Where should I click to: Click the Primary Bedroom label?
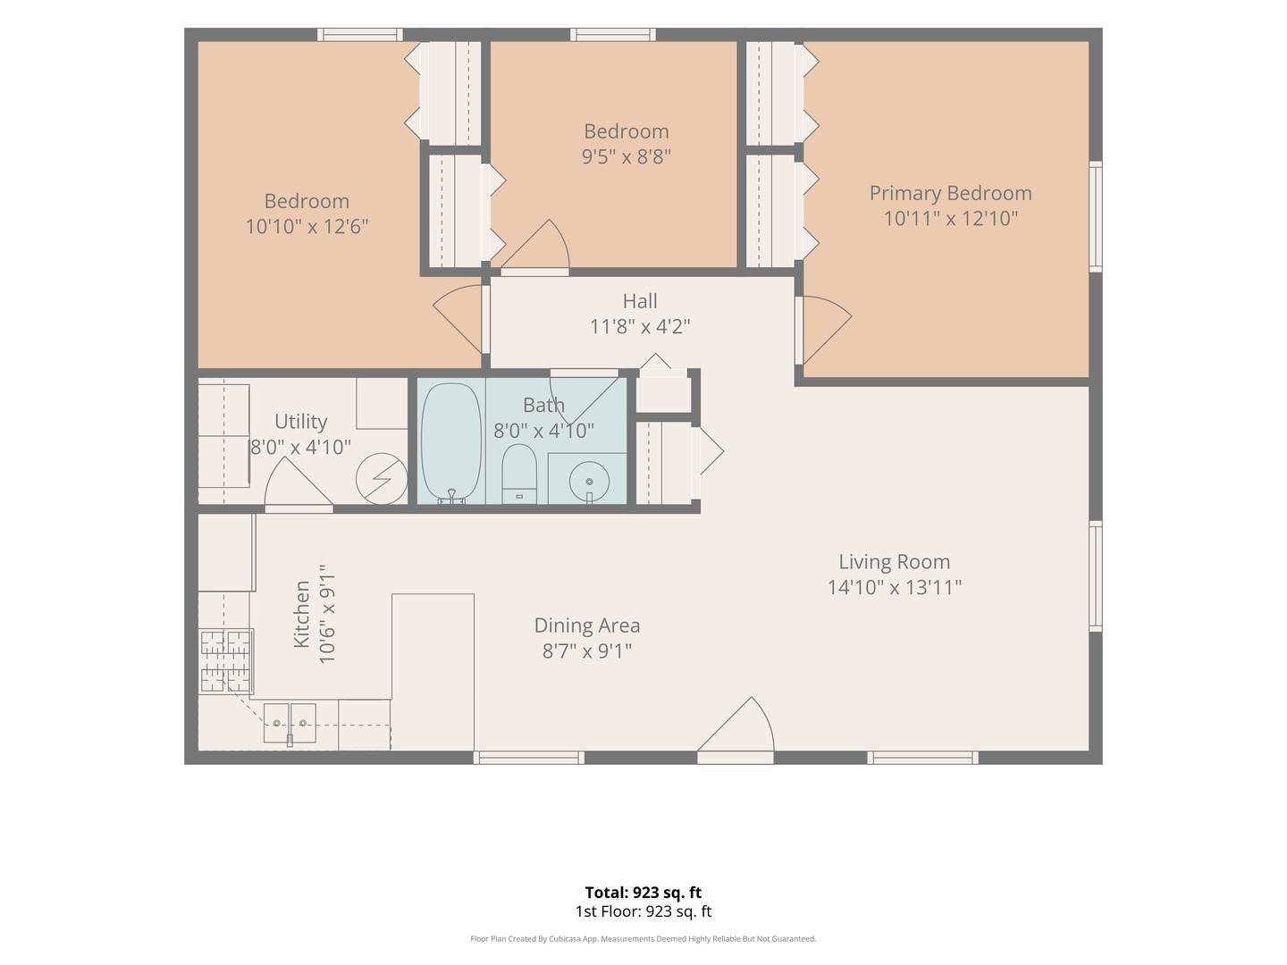tap(950, 193)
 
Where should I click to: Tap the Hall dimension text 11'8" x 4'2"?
tap(640, 326)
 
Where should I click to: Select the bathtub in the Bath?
tap(451, 443)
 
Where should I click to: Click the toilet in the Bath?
tap(519, 474)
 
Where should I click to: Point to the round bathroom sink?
tap(589, 482)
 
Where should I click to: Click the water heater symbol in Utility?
tap(382, 479)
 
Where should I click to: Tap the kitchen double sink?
tap(290, 724)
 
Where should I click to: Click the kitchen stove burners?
tap(226, 661)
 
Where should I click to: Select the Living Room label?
tap(894, 562)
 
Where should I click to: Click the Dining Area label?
tap(587, 625)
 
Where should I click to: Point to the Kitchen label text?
tap(301, 614)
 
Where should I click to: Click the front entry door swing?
tap(736, 724)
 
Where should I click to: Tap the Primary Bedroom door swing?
tap(828, 330)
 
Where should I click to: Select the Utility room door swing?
tap(299, 482)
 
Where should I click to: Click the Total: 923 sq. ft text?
tap(643, 893)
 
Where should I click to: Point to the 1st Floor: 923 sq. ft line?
tap(643, 911)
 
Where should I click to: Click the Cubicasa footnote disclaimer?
tap(643, 938)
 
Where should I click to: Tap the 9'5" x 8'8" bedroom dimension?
tap(627, 156)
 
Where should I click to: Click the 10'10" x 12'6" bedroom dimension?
tap(307, 226)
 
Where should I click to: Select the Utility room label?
tap(301, 422)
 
